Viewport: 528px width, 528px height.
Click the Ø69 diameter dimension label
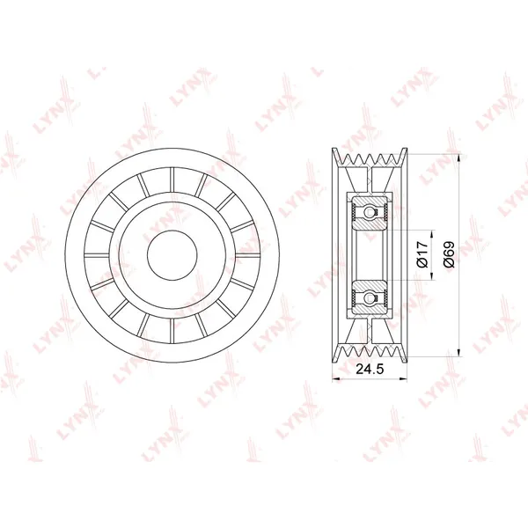point(449,254)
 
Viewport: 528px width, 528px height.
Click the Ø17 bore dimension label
point(422,254)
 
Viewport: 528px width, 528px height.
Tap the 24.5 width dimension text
point(370,370)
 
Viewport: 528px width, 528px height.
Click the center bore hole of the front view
point(172,255)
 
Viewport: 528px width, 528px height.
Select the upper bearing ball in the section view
point(370,213)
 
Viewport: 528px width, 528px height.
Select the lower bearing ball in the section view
point(370,297)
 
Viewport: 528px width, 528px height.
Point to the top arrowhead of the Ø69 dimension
point(459,158)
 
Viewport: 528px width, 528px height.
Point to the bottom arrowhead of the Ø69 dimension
point(459,352)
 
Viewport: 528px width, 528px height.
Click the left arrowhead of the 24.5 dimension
point(336,379)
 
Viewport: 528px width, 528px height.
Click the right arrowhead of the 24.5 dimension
point(403,379)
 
